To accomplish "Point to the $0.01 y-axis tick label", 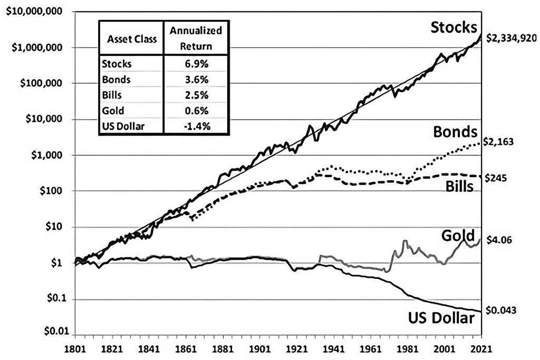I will tap(56, 331).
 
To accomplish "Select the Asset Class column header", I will tap(131, 39).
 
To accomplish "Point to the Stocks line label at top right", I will tap(454, 27).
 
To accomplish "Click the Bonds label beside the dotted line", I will tap(455, 131).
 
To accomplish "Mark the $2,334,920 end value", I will tap(510, 38).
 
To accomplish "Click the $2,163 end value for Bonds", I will tap(498, 142).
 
